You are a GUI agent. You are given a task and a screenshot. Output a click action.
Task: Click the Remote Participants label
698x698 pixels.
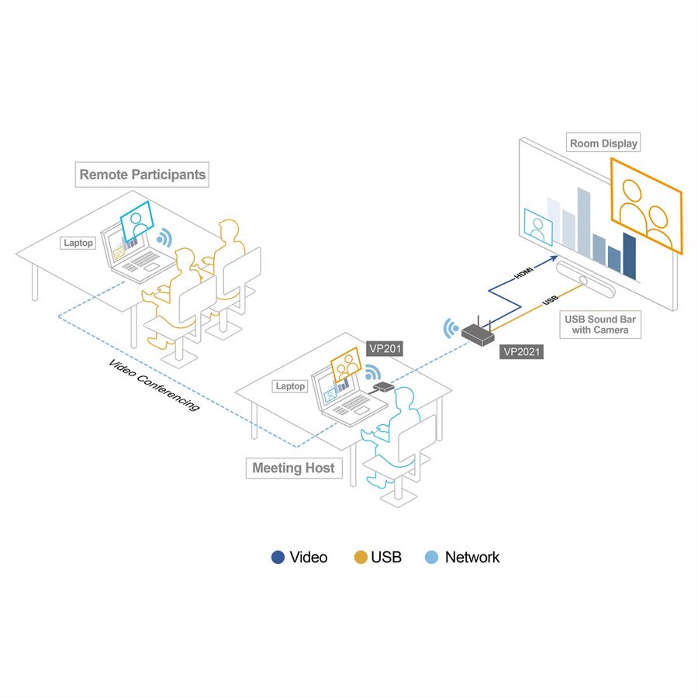pyautogui.click(x=142, y=174)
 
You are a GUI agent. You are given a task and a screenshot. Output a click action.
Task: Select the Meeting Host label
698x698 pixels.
pyautogui.click(x=294, y=468)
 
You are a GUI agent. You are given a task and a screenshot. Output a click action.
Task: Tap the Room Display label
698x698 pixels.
pyautogui.click(x=603, y=143)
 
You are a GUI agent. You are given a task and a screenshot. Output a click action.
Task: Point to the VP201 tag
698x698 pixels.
pyautogui.click(x=385, y=348)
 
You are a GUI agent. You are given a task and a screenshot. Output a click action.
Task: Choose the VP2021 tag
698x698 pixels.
pyautogui.click(x=521, y=351)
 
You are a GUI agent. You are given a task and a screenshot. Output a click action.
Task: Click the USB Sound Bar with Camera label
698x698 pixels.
pyautogui.click(x=600, y=324)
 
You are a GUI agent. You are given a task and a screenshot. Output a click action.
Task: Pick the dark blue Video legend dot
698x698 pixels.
pyautogui.click(x=278, y=558)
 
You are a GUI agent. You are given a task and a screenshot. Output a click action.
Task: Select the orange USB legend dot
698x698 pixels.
pyautogui.click(x=360, y=558)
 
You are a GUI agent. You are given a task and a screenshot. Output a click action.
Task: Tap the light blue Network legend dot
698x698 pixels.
pyautogui.click(x=431, y=558)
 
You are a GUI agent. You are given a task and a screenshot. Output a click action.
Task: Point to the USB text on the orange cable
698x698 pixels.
pyautogui.click(x=550, y=301)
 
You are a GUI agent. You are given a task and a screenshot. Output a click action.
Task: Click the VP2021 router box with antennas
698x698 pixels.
pyautogui.click(x=478, y=333)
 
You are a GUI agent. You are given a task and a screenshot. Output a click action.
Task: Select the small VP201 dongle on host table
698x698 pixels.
pyautogui.click(x=383, y=386)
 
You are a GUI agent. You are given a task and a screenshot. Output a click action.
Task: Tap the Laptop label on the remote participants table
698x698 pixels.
pyautogui.click(x=78, y=243)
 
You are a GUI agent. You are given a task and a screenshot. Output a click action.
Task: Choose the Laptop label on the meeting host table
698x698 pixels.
pyautogui.click(x=290, y=386)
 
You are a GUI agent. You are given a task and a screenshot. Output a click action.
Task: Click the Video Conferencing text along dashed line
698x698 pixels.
pyautogui.click(x=154, y=385)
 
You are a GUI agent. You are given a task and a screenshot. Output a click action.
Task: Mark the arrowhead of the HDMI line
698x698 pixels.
pyautogui.click(x=553, y=257)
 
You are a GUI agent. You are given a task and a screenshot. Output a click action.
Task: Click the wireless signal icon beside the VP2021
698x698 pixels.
pyautogui.click(x=451, y=329)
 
